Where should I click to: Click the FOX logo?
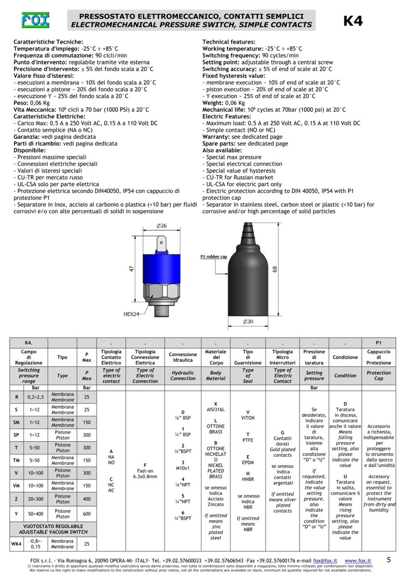[35, 20]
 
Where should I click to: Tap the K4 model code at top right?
[353, 21]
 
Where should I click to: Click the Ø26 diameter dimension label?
[162, 226]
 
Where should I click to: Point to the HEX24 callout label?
[131, 314]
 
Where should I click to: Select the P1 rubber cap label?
[214, 256]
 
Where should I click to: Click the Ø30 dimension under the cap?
[248, 322]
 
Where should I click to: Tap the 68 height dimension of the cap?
[275, 269]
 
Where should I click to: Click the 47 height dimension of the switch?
[132, 269]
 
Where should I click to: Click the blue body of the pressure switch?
[162, 269]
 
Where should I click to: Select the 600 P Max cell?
[86, 514]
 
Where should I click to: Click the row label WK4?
[16, 544]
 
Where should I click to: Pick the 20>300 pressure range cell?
[35, 499]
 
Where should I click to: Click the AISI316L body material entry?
[216, 409]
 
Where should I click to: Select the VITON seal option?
[248, 418]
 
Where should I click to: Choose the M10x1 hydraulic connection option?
[183, 468]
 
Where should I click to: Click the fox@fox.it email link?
[325, 561]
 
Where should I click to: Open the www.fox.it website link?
[357, 561]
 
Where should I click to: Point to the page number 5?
[389, 560]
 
